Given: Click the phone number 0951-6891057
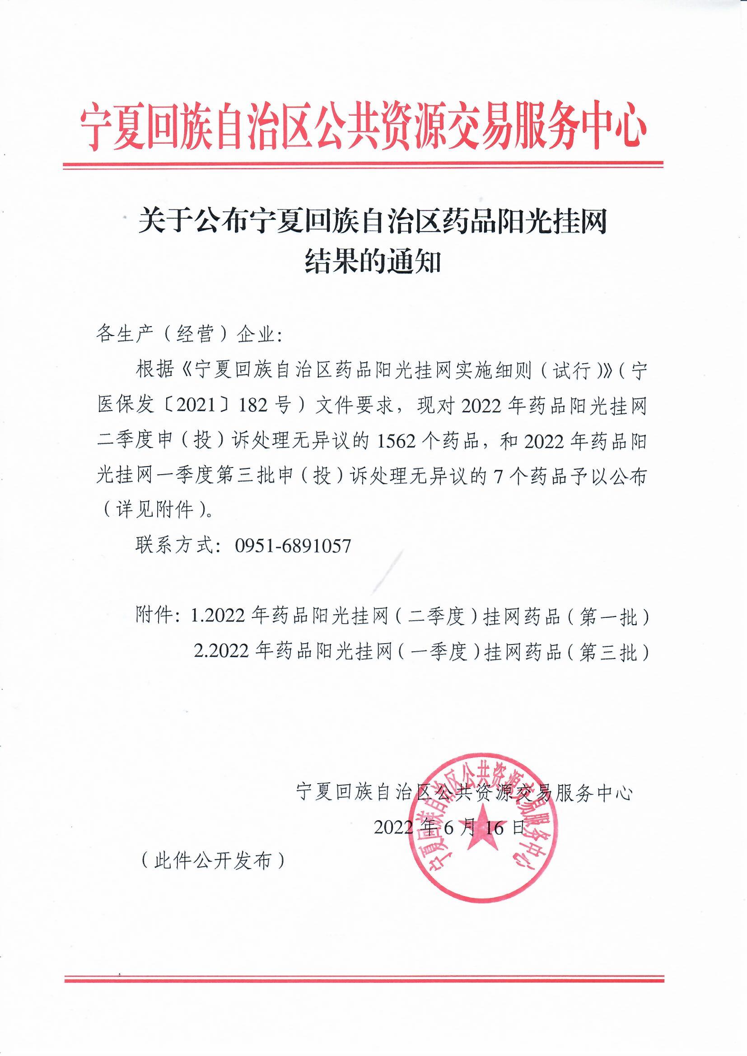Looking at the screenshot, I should coord(293,546).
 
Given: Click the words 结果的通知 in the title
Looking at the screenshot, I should coord(373,263).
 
